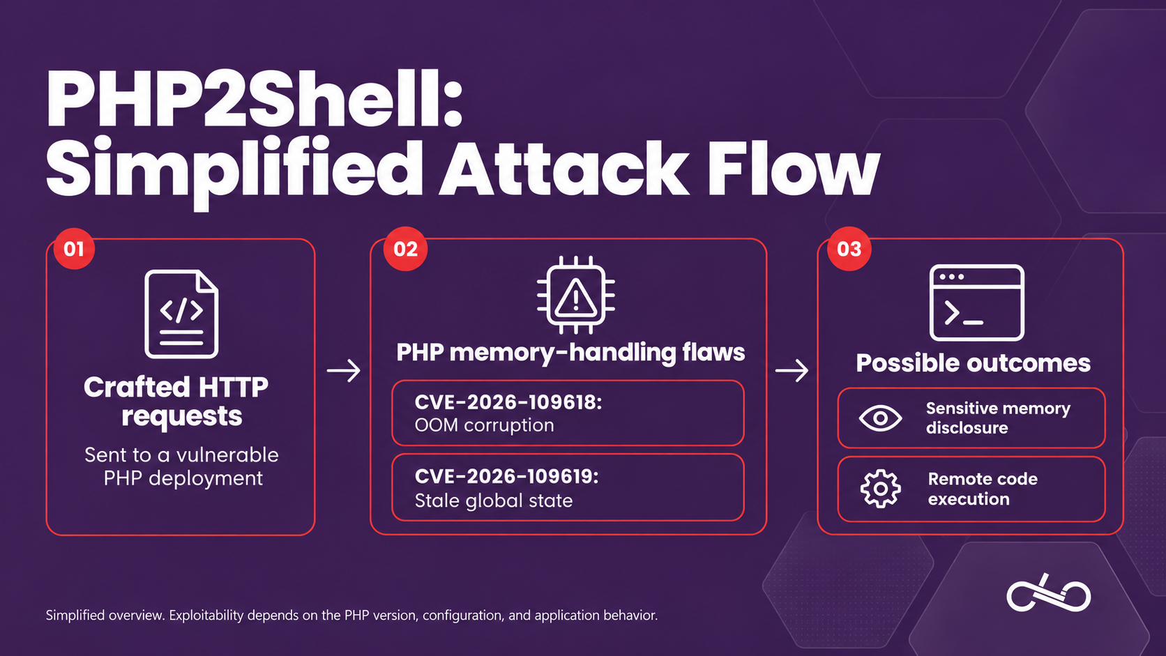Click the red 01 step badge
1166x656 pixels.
tap(74, 249)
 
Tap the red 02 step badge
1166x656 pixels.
tap(405, 249)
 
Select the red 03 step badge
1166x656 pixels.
tap(849, 249)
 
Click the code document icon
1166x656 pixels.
tap(181, 314)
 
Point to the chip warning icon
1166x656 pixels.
tap(576, 295)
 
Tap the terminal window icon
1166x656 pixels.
tap(976, 303)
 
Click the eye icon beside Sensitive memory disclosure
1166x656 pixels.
tap(880, 418)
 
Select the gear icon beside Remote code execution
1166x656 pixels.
tap(880, 489)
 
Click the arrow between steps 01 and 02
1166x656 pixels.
tap(344, 370)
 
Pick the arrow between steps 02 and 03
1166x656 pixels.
tap(792, 370)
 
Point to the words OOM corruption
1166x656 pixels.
tap(484, 425)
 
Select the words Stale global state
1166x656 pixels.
tap(494, 501)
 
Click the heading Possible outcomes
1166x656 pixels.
tap(973, 363)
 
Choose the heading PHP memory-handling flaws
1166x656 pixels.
tap(570, 352)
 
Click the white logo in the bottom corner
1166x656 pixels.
tap(1048, 593)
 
